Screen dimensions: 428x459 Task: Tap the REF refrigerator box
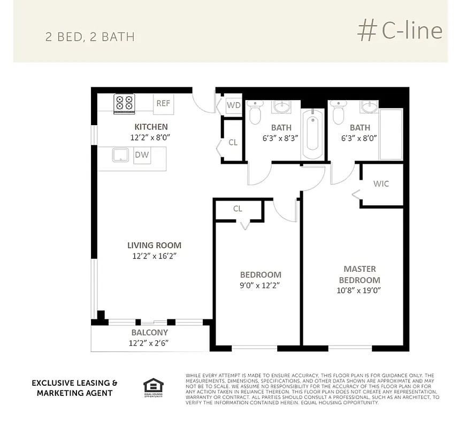point(163,103)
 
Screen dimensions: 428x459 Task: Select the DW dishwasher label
point(141,155)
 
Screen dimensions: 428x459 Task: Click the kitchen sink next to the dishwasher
point(120,155)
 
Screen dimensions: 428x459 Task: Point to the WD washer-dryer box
point(234,105)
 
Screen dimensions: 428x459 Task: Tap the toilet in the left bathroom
point(255,112)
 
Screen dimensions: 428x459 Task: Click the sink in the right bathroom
point(369,107)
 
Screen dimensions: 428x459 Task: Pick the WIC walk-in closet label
point(381,184)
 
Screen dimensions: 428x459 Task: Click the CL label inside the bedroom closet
point(238,209)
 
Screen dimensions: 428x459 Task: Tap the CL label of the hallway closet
point(233,143)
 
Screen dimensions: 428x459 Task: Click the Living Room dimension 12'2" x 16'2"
point(154,256)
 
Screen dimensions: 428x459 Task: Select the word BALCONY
point(150,333)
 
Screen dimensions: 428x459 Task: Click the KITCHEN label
point(151,127)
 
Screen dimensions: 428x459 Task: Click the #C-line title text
point(400,31)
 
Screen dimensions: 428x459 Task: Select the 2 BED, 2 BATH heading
point(90,37)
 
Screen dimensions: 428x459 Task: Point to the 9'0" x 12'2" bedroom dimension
point(261,286)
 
